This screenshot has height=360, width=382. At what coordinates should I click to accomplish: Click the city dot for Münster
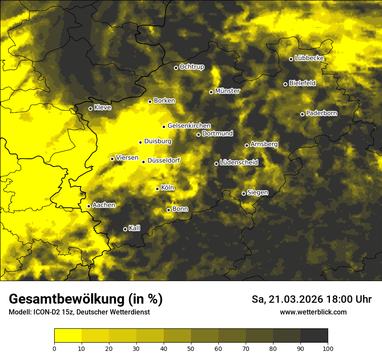[211, 92]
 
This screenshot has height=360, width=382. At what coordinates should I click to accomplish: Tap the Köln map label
[168, 188]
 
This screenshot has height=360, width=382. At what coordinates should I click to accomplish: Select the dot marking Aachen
[89, 206]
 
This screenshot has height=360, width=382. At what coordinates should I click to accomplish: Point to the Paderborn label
[322, 113]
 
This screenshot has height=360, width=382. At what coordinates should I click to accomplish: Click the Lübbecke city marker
[291, 59]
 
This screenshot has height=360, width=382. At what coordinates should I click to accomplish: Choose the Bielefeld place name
[302, 83]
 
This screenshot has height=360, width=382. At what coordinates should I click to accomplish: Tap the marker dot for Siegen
[244, 193]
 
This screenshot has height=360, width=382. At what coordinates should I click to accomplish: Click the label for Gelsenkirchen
[189, 126]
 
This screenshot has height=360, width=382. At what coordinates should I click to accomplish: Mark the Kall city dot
[125, 229]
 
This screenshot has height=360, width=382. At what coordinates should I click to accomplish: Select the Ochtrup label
[192, 67]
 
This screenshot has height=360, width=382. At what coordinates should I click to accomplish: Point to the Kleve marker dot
[90, 108]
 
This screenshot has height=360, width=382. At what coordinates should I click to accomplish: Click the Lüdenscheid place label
[239, 163]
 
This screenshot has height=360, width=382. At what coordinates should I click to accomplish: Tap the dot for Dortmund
[198, 134]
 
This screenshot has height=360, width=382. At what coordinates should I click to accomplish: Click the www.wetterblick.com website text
[313, 312]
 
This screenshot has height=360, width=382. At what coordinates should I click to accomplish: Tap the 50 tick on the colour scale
[191, 348]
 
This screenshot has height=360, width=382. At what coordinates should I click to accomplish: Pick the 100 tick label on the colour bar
[328, 348]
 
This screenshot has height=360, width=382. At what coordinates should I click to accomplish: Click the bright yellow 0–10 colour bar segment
[68, 336]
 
